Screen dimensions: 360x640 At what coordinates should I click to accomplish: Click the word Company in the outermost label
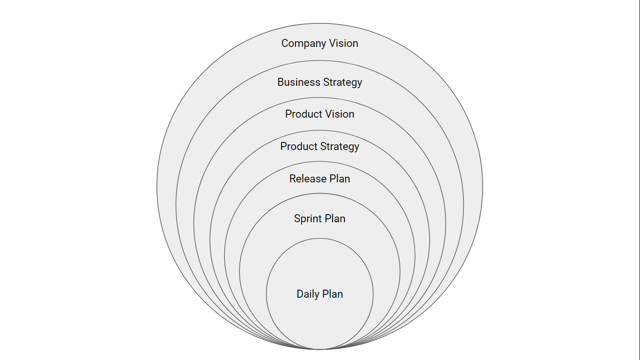[303, 44]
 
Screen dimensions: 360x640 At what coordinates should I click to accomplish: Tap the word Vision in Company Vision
[344, 43]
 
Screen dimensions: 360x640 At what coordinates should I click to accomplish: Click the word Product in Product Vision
[302, 114]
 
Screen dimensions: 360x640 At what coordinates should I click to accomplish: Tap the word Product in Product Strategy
[298, 146]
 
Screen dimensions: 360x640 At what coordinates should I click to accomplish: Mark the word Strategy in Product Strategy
[339, 147]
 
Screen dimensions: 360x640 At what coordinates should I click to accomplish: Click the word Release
[306, 179]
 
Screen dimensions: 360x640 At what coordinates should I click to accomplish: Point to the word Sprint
[307, 219]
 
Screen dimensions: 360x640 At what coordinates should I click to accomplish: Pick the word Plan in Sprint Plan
[335, 218]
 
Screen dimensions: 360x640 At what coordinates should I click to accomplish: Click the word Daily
[307, 294]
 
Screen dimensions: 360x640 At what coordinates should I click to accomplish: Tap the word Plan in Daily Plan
[332, 294]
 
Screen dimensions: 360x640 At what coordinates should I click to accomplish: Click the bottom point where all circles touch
[320, 349]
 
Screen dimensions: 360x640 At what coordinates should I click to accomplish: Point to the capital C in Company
[285, 43]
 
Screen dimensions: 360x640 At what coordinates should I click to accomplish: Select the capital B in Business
[281, 82]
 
